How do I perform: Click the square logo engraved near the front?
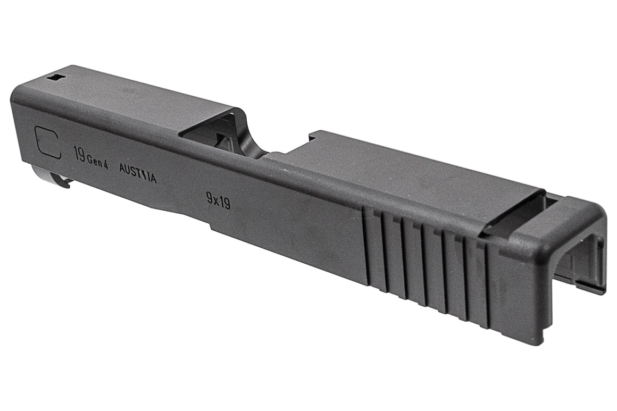pos(48,142)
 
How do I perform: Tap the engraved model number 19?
pos(79,155)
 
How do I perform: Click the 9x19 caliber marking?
pos(218,200)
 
